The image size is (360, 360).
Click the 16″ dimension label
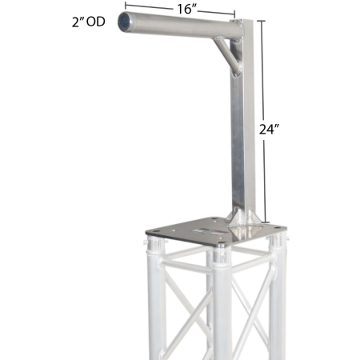click(x=186, y=9)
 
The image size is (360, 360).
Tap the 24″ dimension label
click(x=269, y=130)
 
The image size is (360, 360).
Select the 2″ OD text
click(x=89, y=22)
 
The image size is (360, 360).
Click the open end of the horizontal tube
click(x=124, y=22)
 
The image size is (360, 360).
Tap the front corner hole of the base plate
click(x=220, y=242)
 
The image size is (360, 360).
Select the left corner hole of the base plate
click(x=154, y=231)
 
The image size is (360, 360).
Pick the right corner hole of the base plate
click(x=278, y=228)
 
